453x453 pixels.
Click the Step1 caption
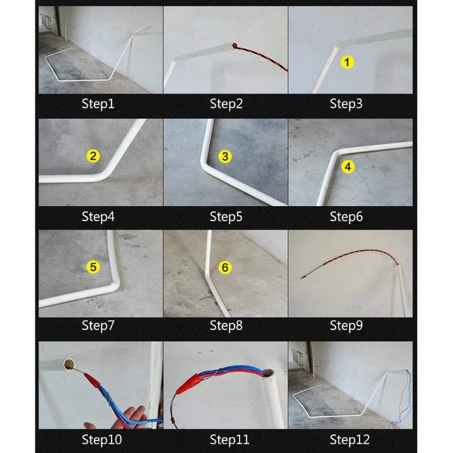[98, 104]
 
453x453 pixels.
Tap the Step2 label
[226, 104]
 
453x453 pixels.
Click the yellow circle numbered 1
[347, 62]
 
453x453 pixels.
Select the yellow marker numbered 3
[225, 156]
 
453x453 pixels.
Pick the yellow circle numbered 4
[348, 166]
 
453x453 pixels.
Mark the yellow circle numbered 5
[93, 267]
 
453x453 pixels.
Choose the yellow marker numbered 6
[225, 267]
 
